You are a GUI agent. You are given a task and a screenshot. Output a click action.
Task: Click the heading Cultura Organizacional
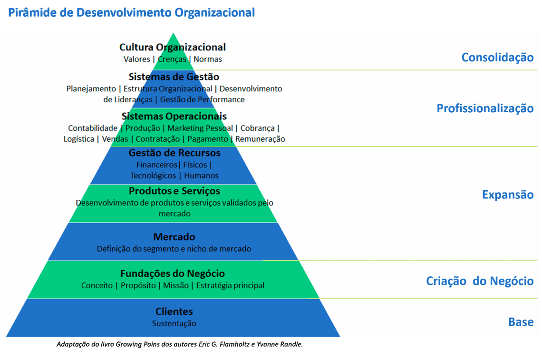pos(173,47)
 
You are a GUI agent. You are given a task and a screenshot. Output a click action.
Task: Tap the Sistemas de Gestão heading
pos(174,77)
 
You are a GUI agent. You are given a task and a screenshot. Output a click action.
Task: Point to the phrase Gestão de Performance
pos(203,99)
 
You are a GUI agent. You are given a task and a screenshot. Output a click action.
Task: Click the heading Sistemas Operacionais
pos(174,116)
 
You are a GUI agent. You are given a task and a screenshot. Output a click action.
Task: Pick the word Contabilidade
pos(93,128)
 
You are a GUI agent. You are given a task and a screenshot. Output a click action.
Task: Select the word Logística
pos(79,139)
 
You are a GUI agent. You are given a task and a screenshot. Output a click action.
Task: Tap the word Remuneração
pos(261,139)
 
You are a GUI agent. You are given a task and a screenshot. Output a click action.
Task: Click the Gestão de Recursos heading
pos(174,153)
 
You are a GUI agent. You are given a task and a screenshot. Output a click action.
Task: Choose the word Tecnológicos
pos(153,175)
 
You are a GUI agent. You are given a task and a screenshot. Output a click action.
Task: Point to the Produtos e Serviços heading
pos(174,191)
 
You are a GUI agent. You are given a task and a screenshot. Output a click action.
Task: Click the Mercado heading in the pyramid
pos(174,237)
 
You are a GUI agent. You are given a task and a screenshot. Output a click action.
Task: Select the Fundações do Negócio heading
pos(173,273)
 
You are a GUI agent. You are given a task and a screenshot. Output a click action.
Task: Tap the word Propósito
pos(138,285)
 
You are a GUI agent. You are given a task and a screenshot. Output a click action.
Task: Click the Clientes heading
pos(174,311)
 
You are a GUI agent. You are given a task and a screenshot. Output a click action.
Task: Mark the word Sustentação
pos(174,323)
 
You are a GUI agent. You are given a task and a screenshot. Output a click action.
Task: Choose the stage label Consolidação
pos(497,58)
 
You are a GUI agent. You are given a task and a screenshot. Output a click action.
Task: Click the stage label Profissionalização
pos(485,108)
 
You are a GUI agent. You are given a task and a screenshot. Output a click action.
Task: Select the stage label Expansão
pos(508,195)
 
